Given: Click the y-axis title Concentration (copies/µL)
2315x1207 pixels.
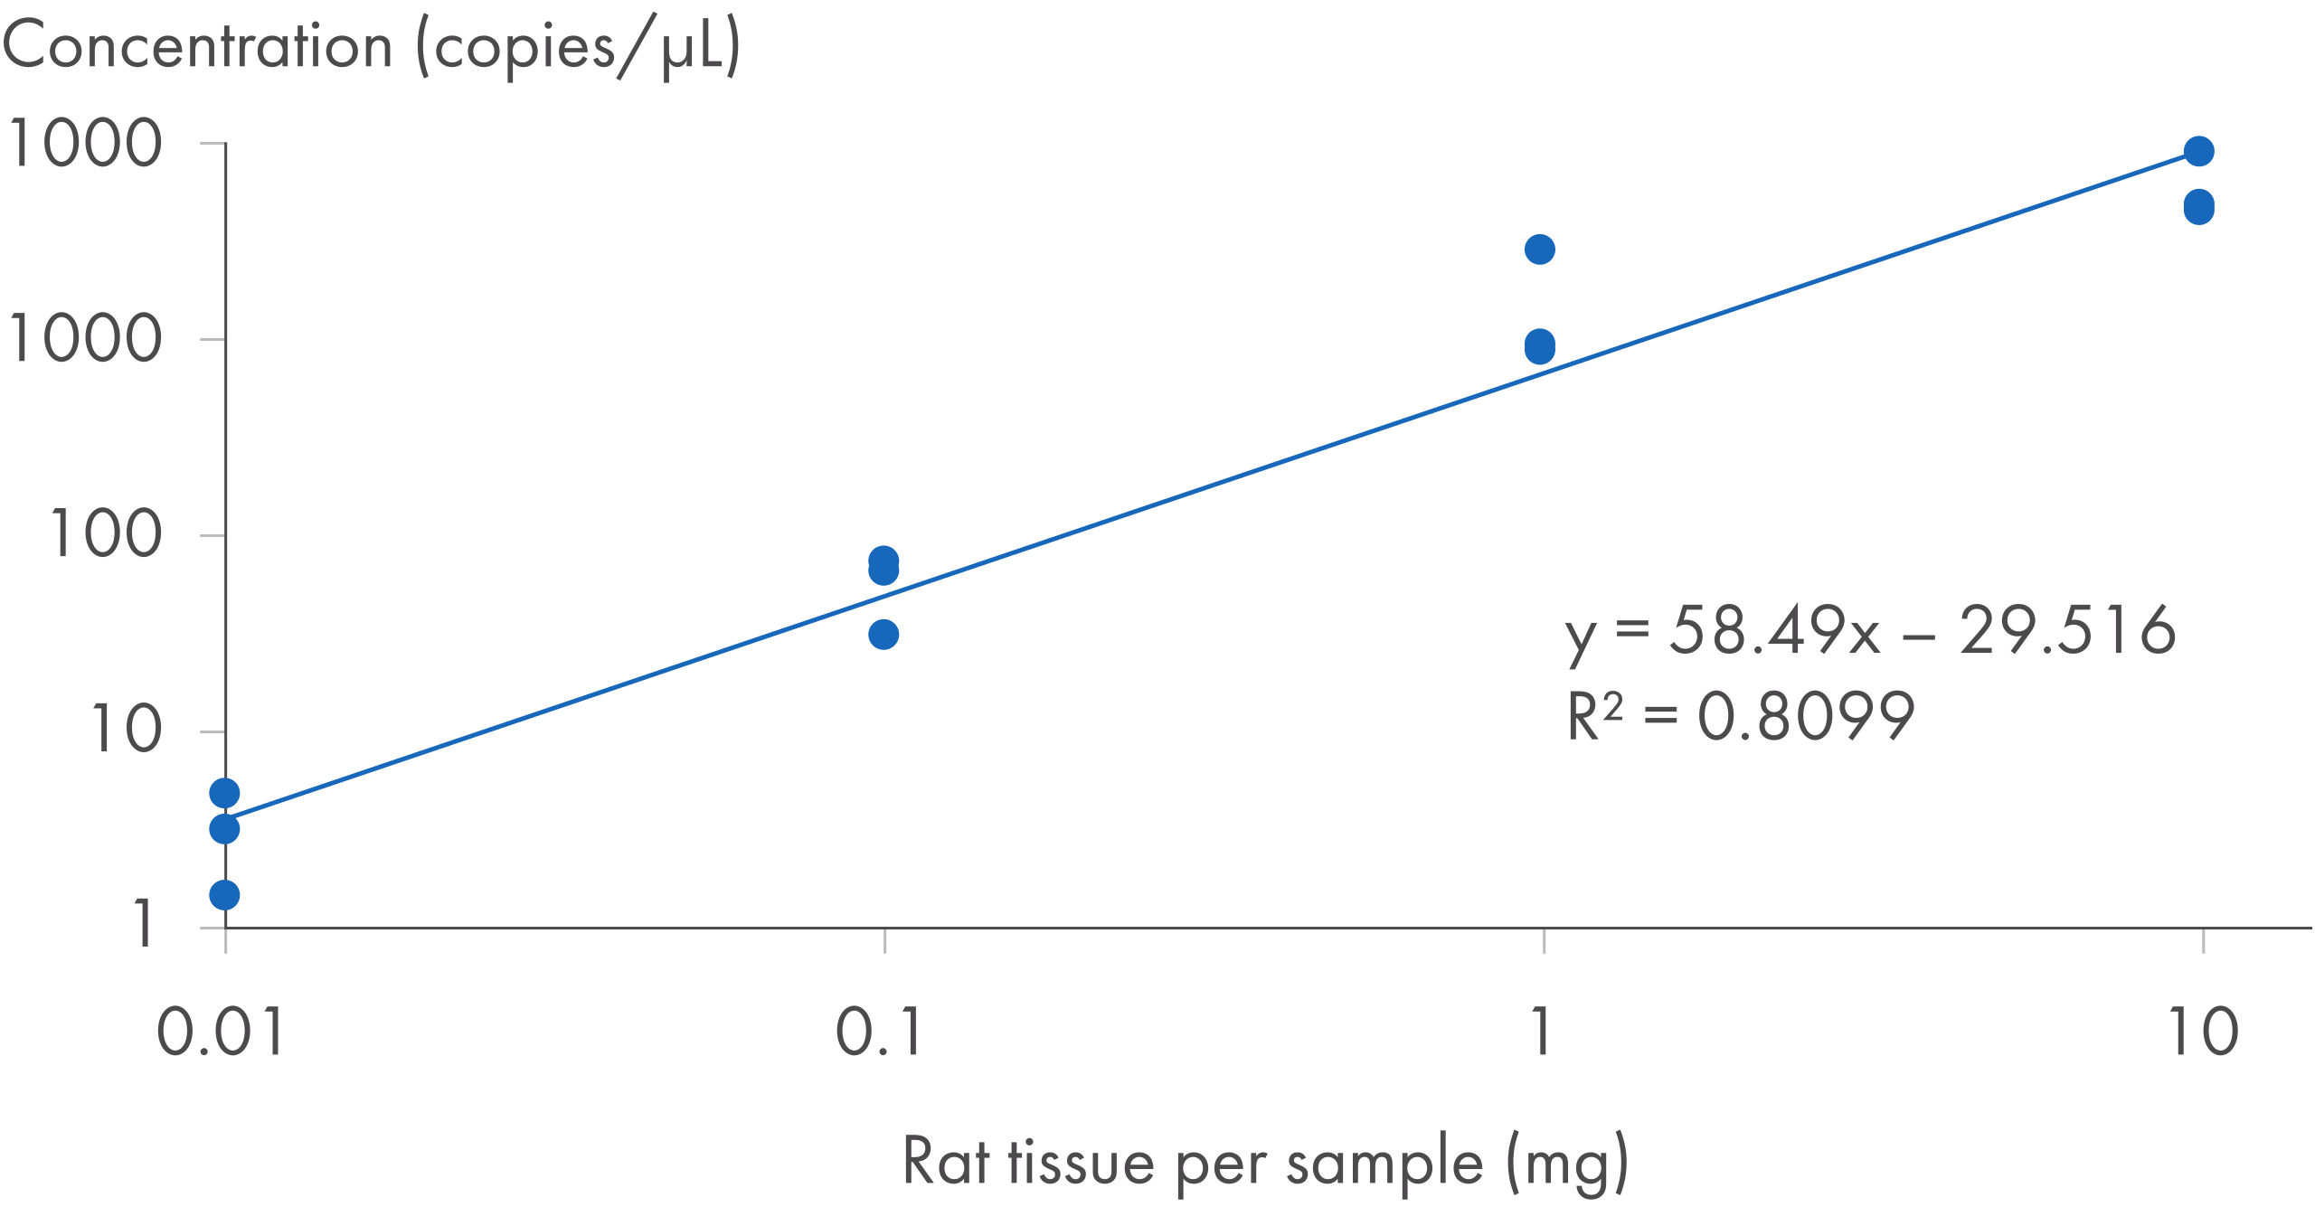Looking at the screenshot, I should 371,47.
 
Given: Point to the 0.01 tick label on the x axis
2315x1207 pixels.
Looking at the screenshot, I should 222,1032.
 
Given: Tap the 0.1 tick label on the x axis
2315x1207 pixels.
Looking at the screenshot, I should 879,1032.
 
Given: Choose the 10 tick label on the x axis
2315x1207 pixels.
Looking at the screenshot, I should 2203,1032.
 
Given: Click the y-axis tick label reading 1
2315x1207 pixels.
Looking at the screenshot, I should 144,924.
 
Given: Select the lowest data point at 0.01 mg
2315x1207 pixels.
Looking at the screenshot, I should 224,895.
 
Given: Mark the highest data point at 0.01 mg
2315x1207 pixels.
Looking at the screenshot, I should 224,793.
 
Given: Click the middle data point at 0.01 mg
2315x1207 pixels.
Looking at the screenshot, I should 224,828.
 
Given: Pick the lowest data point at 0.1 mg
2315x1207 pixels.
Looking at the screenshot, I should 883,635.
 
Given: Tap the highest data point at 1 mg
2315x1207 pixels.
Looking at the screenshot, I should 1540,250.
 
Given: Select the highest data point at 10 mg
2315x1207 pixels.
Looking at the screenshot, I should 2199,151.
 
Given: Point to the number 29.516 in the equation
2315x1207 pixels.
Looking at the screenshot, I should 2067,630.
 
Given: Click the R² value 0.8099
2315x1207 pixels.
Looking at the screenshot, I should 1806,716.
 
